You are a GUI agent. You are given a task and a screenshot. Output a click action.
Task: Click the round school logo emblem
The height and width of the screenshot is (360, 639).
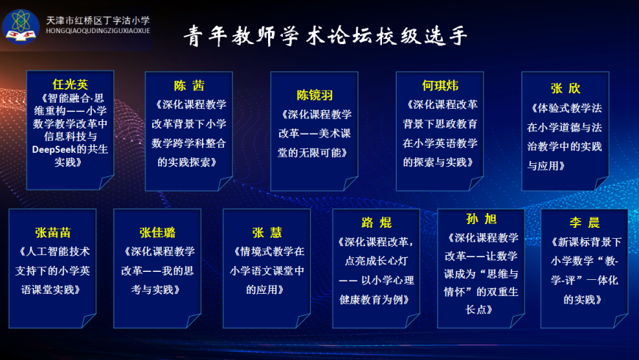point(21,27)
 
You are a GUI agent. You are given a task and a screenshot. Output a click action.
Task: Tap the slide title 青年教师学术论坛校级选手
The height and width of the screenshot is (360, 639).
point(325,36)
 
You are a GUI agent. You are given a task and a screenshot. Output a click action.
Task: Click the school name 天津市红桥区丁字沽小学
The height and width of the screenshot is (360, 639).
point(98,21)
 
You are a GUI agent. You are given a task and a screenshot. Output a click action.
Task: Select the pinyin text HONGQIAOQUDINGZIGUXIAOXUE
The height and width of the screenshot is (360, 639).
point(98,31)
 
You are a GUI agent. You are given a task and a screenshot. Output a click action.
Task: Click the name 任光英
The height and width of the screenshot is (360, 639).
point(70,84)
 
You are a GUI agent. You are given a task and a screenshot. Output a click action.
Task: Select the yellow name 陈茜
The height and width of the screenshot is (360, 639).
point(189,86)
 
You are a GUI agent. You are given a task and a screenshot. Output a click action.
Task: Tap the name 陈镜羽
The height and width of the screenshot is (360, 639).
point(314,95)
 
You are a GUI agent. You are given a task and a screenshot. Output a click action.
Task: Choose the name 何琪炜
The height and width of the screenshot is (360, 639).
point(440,86)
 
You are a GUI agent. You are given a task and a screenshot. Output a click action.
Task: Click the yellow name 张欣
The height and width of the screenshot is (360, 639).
point(566,88)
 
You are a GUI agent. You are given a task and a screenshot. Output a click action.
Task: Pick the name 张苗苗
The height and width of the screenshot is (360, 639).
point(53,232)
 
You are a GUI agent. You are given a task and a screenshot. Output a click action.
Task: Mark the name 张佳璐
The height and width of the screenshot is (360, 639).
point(157,232)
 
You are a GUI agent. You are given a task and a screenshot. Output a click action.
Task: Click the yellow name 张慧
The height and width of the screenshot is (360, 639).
point(267,232)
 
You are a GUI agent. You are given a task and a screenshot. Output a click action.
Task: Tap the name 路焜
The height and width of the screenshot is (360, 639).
point(376,222)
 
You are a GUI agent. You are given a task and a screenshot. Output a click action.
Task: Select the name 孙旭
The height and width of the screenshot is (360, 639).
point(481,219)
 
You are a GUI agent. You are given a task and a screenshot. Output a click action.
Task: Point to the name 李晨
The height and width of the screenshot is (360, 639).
point(585,222)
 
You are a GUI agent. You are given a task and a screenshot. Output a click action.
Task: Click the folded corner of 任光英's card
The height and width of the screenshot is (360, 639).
point(106,181)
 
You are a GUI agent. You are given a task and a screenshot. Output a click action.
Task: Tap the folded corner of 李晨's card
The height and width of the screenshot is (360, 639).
point(620,320)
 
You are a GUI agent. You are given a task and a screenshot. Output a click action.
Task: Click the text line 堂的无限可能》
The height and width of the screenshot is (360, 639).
point(313,153)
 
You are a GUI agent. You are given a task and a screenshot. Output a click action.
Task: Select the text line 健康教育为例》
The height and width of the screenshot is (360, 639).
point(375,300)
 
